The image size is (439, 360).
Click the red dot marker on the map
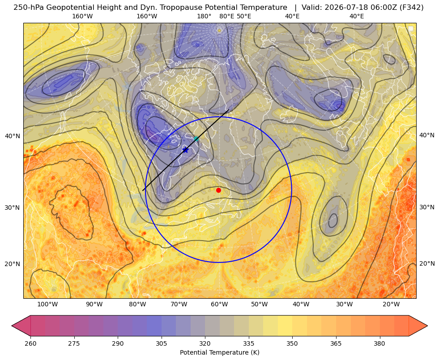click(x=219, y=190)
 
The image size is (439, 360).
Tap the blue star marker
click(x=185, y=150)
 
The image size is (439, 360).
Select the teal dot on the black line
click(x=196, y=139)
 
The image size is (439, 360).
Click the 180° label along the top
click(x=204, y=16)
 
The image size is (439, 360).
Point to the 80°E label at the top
click(x=226, y=16)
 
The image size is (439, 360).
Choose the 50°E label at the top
click(x=244, y=16)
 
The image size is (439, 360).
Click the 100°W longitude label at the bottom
click(x=47, y=305)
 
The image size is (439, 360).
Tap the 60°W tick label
click(x=219, y=305)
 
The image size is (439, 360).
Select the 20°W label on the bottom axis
click(x=391, y=305)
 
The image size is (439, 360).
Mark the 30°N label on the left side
click(x=13, y=208)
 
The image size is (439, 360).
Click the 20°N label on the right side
click(x=427, y=263)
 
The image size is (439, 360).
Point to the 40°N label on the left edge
click(x=13, y=136)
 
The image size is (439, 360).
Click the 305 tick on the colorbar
click(x=161, y=343)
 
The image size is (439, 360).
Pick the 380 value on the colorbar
click(x=379, y=343)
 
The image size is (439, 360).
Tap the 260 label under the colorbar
click(x=30, y=343)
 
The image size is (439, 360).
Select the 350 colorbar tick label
click(x=292, y=343)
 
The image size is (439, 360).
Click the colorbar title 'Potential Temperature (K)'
click(x=219, y=352)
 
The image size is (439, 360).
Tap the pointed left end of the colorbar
click(x=12, y=326)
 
